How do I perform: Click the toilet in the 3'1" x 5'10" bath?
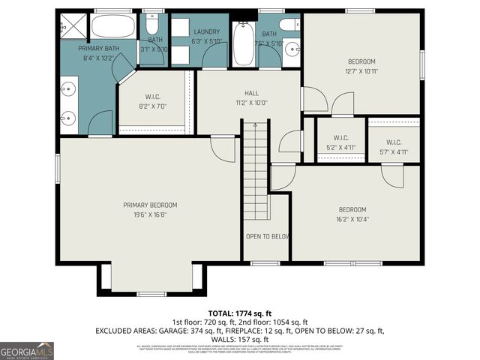point(154,22)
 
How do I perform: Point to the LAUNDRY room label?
point(206,31)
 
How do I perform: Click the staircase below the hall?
point(255,172)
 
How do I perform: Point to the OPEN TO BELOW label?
point(267,236)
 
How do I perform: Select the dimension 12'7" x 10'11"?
point(361,72)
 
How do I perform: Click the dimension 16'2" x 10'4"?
point(352,219)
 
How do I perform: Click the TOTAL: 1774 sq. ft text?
point(239,313)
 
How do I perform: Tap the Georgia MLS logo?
point(27,350)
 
